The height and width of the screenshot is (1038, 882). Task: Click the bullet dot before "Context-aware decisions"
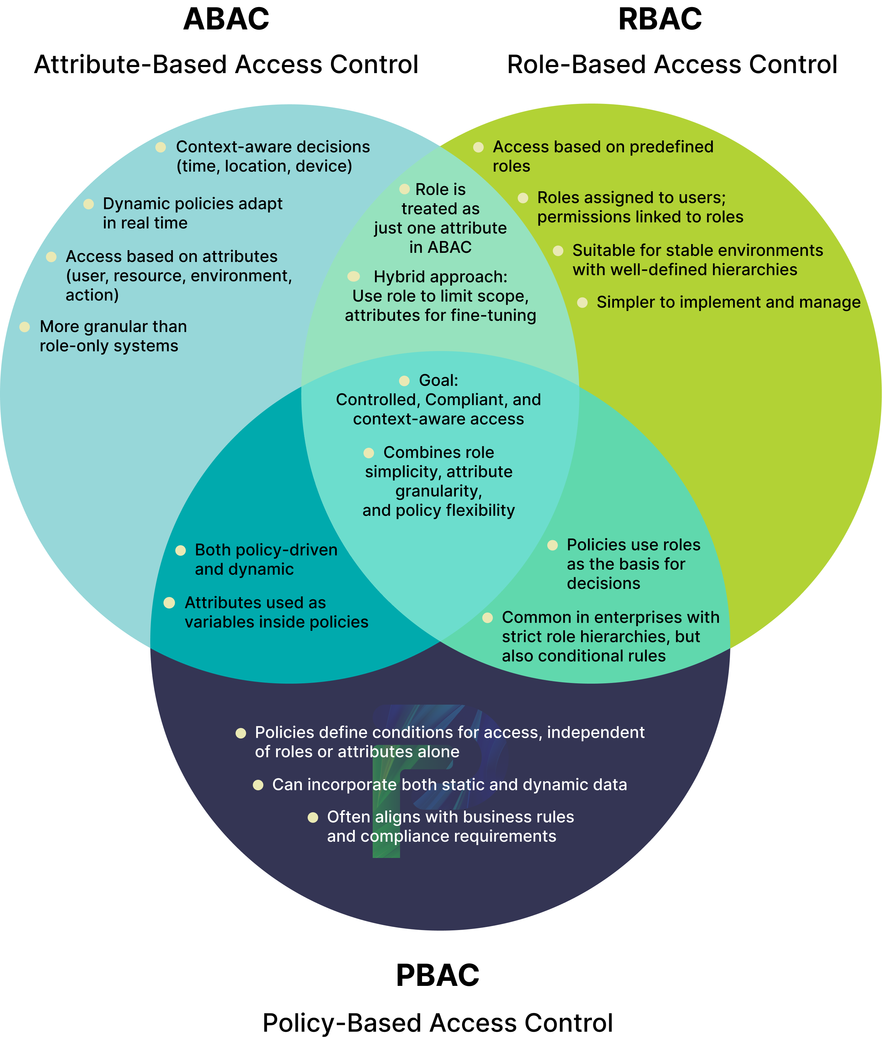tap(160, 147)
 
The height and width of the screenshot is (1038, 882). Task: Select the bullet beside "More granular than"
tap(24, 327)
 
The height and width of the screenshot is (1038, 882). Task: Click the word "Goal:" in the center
tap(439, 380)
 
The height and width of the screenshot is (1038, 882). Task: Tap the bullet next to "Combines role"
tap(369, 453)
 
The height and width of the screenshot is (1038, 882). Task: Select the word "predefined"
tap(671, 147)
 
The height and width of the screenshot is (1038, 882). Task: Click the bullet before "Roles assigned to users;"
tap(523, 198)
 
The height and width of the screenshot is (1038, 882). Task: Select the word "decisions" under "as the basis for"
tap(603, 583)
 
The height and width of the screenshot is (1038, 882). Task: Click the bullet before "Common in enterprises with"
tap(487, 618)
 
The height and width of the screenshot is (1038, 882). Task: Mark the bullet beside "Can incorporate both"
tap(258, 785)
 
